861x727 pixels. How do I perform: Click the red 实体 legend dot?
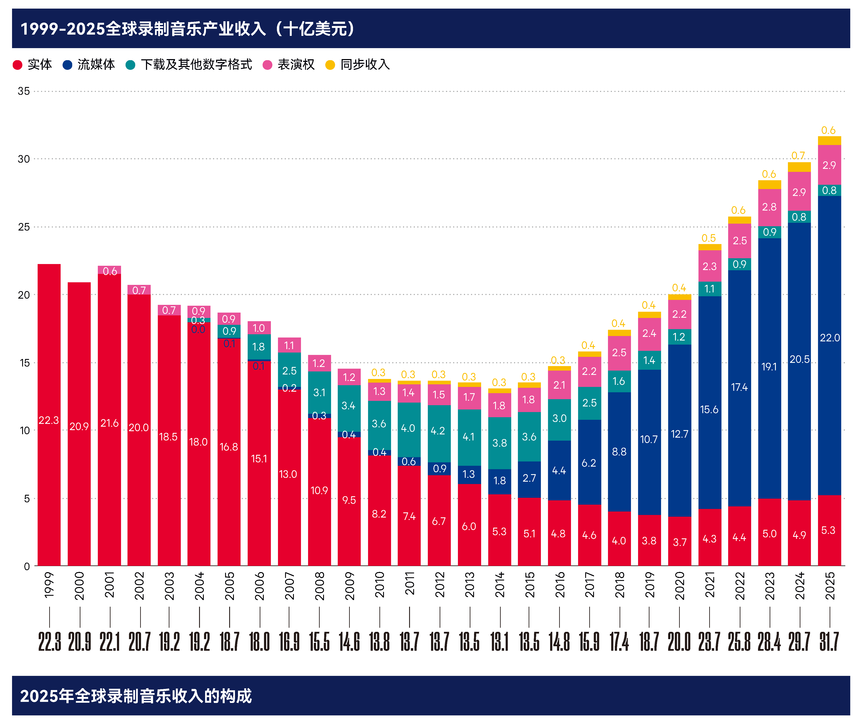[17, 65]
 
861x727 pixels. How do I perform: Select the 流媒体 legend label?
[96, 65]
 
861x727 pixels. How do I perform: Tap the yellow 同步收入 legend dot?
[330, 65]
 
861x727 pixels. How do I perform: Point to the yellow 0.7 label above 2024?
[798, 156]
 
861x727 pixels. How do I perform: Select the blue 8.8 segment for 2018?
[619, 452]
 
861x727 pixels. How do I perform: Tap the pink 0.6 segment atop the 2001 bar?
[109, 270]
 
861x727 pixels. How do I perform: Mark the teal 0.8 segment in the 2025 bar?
[829, 190]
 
